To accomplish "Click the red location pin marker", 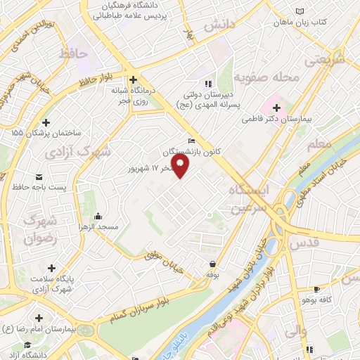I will [181, 166].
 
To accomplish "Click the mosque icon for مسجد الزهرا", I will [98, 216].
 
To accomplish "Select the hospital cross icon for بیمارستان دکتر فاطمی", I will [276, 108].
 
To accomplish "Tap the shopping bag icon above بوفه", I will [212, 263].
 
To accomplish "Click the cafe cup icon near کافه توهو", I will [317, 289].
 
